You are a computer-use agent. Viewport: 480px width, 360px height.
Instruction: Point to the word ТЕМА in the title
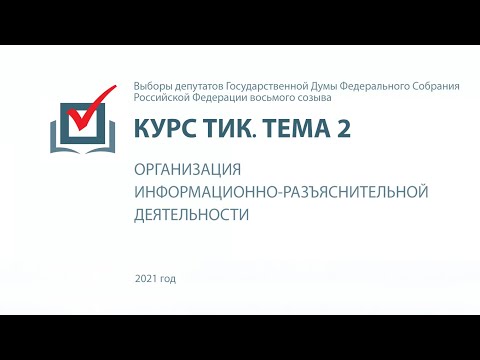(294, 129)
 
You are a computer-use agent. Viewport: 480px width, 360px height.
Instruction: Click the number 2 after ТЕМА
(344, 129)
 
